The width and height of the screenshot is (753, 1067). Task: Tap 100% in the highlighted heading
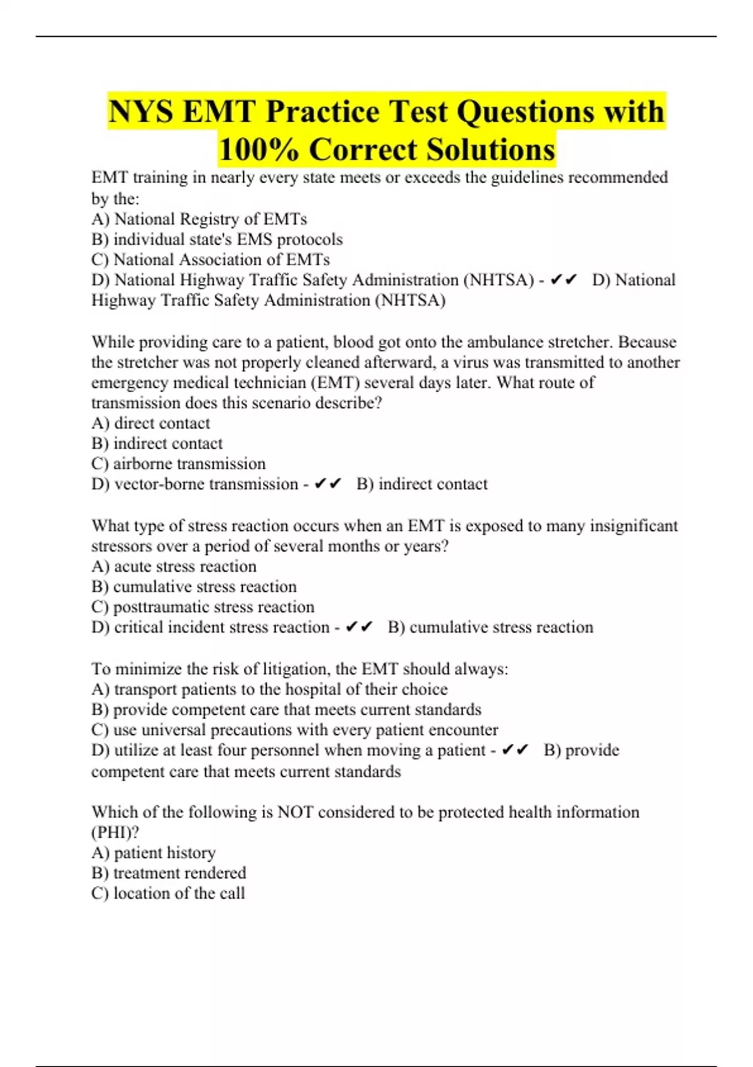pyautogui.click(x=258, y=149)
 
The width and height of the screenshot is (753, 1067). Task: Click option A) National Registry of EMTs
pyautogui.click(x=199, y=219)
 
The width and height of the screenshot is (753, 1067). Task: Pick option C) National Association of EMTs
pyautogui.click(x=210, y=260)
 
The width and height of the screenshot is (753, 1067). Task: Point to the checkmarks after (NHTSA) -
pyautogui.click(x=563, y=280)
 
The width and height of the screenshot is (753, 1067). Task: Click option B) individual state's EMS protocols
pyautogui.click(x=217, y=239)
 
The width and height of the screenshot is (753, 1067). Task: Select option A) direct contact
pyautogui.click(x=151, y=423)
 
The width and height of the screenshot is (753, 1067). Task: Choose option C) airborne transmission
pyautogui.click(x=178, y=464)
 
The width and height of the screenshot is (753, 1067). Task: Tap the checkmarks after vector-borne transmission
pyautogui.click(x=328, y=484)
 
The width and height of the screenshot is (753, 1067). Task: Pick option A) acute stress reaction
pyautogui.click(x=174, y=566)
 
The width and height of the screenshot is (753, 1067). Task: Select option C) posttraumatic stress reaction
pyautogui.click(x=203, y=607)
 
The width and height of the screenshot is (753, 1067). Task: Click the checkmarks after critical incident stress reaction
pyautogui.click(x=359, y=627)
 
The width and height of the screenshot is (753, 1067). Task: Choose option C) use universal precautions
pyautogui.click(x=294, y=730)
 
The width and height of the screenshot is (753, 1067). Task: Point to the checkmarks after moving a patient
pyautogui.click(x=515, y=750)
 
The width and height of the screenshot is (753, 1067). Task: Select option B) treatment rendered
pyautogui.click(x=169, y=873)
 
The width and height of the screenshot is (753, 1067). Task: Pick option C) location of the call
pyautogui.click(x=168, y=893)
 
